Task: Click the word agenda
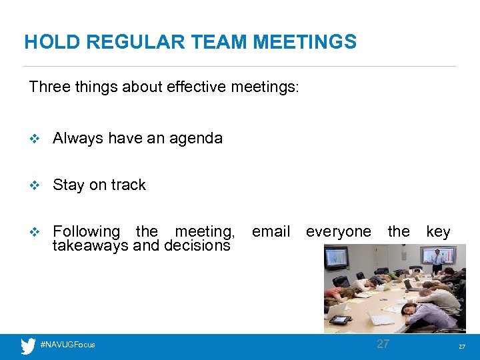click(196, 138)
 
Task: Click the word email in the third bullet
click(271, 231)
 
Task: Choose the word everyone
click(338, 231)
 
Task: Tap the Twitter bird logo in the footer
click(28, 345)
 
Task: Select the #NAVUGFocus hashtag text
click(68, 345)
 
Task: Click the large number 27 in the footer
click(383, 344)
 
